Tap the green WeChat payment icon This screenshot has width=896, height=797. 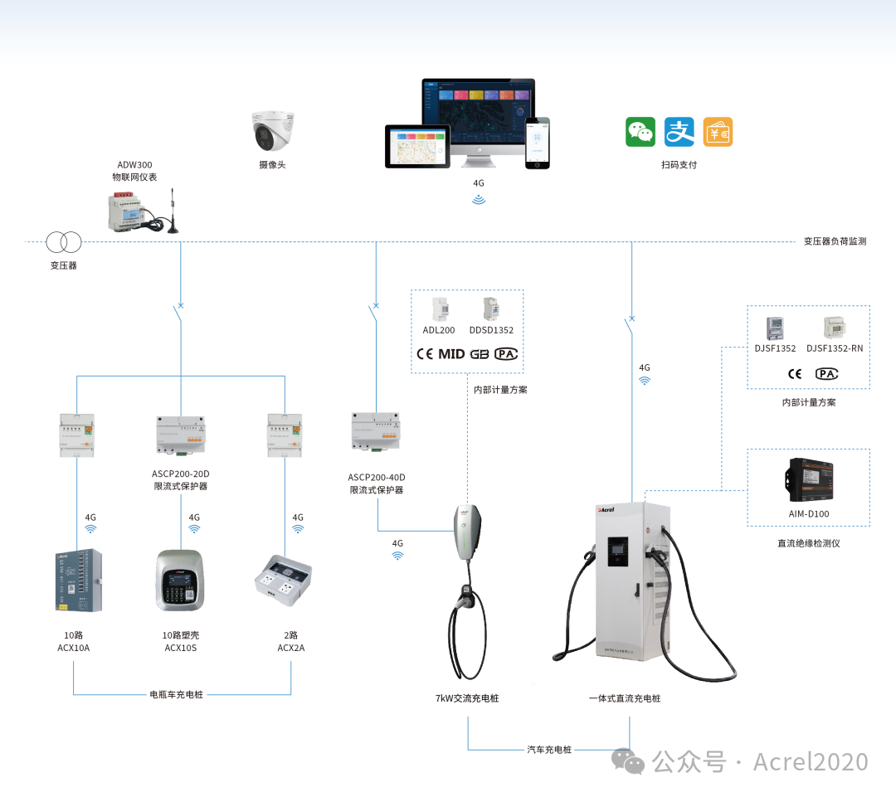640,132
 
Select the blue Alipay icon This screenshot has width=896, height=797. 679,132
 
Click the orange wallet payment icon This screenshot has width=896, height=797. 718,132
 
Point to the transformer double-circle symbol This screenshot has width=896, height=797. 63,242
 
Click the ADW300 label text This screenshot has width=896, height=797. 134,165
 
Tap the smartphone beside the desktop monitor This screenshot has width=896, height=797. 537,143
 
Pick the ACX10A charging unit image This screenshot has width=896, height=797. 79,581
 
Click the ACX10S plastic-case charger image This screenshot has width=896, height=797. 179,581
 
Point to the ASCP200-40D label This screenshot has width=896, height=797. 377,478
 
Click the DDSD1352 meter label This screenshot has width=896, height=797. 491,330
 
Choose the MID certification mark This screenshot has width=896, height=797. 451,354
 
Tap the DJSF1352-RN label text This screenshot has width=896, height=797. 834,348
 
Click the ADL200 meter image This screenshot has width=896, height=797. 439,309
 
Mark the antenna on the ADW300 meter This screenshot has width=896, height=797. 173,211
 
